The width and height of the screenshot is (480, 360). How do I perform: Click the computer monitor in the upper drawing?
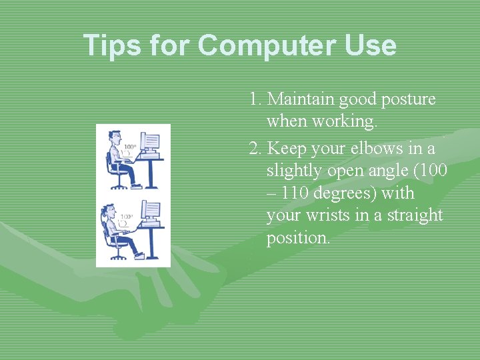(151, 141)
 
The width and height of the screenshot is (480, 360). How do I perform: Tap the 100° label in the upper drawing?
(129, 147)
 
